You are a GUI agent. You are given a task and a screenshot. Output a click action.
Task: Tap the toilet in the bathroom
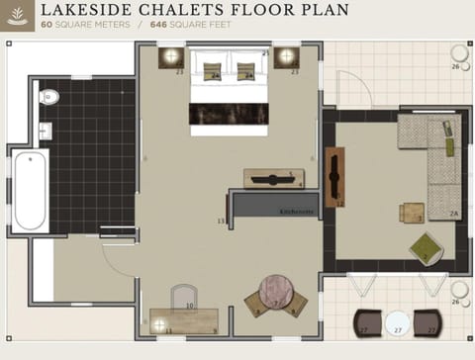coord(48,97)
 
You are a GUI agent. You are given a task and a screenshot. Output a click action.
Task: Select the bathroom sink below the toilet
coord(45,130)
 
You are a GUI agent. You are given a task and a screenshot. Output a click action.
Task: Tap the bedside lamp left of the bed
coord(172,56)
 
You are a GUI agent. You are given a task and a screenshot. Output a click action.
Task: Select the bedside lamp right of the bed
coord(288,56)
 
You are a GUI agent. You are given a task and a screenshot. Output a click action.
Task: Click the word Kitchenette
coord(297,212)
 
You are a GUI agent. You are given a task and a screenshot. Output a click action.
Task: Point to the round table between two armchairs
coord(277,294)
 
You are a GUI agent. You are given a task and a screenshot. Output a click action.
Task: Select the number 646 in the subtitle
coord(161,24)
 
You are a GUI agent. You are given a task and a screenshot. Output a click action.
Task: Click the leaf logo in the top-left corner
coord(17,17)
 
